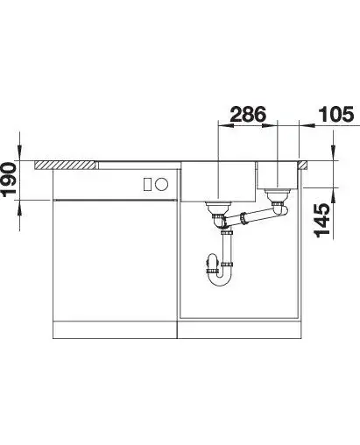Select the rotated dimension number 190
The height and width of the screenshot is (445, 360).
coord(8,179)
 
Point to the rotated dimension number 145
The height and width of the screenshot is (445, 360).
coord(322,221)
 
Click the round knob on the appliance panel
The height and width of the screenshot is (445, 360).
coord(161,184)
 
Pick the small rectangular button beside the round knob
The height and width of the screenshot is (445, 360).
coord(148,184)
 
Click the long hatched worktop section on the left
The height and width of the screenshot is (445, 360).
coord(67,165)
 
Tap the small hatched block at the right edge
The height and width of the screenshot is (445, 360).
coord(302,165)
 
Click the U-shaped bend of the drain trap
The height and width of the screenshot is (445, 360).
coord(221,279)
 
